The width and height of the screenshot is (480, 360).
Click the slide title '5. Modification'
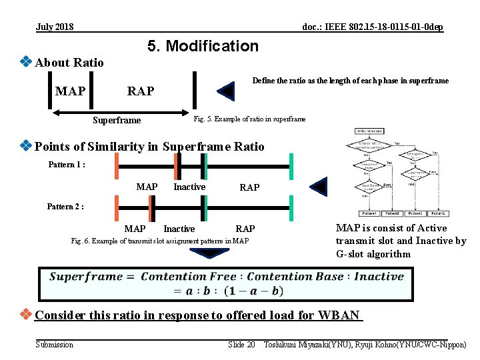[202, 46]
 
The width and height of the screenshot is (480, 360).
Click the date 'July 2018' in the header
[55, 27]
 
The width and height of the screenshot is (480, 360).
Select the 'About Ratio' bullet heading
[69, 63]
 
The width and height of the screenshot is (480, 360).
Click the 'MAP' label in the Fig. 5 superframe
[71, 91]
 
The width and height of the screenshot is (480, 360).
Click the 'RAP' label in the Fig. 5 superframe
[141, 91]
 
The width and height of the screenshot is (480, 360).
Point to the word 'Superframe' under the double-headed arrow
[117, 121]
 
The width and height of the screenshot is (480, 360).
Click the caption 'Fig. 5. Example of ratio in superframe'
[249, 119]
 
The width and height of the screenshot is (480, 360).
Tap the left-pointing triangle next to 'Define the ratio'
[227, 91]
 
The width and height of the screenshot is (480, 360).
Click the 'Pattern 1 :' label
[67, 164]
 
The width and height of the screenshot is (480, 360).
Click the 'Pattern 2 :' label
[65, 207]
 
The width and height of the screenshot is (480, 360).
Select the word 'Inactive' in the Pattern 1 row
[189, 187]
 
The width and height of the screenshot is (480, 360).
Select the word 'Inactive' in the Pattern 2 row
[179, 229]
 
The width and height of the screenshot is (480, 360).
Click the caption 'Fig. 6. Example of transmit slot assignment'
[159, 240]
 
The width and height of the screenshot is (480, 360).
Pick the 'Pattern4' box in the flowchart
[368, 213]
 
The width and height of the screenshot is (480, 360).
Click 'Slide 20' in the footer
[241, 344]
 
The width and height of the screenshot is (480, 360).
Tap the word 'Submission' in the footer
[55, 344]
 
